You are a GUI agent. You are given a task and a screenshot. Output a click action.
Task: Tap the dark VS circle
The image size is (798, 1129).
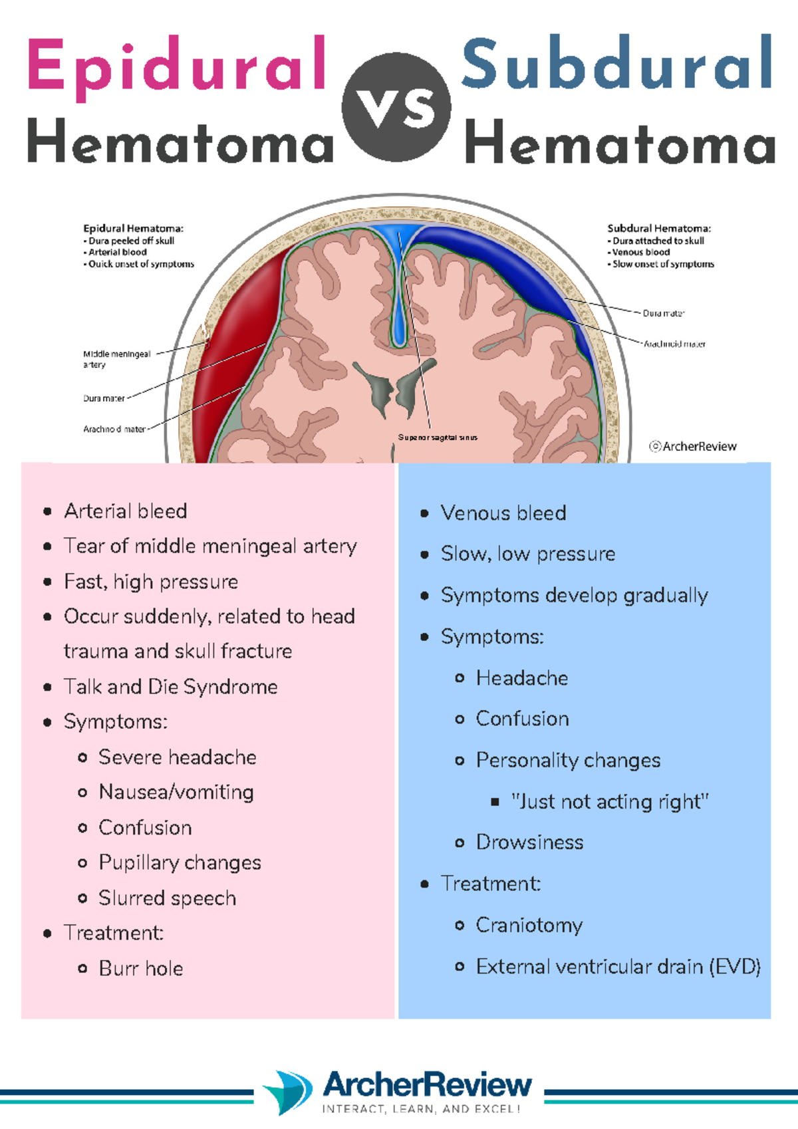tap(396, 107)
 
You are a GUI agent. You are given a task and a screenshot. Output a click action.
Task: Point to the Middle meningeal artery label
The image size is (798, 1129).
tap(116, 359)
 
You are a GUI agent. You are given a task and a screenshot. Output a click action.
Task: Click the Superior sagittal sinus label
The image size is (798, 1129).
tap(438, 438)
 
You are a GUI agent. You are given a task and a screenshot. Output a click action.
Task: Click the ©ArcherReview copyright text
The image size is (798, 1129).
tap(693, 447)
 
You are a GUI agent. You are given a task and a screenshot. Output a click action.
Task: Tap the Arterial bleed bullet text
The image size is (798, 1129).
tap(125, 511)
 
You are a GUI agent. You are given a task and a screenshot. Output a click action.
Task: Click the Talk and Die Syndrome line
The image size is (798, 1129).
tap(170, 687)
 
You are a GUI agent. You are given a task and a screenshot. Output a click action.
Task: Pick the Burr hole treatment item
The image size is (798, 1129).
tap(140, 969)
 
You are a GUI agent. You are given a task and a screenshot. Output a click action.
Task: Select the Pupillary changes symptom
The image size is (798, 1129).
tap(180, 863)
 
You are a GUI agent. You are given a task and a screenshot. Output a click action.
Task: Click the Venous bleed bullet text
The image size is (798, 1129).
tap(503, 513)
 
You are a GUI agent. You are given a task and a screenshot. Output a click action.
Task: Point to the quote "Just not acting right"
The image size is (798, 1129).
tap(610, 802)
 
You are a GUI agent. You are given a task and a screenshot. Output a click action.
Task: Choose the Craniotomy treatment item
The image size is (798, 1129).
tap(529, 926)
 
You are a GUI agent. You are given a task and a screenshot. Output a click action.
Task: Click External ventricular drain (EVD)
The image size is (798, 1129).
tap(618, 967)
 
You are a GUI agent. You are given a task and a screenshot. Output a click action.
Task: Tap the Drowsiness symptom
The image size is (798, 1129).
tap(529, 843)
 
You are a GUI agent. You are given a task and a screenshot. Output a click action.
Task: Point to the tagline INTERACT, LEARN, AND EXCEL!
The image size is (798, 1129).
tap(421, 1109)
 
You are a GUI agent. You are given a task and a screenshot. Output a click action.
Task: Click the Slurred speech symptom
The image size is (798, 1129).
tap(167, 898)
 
